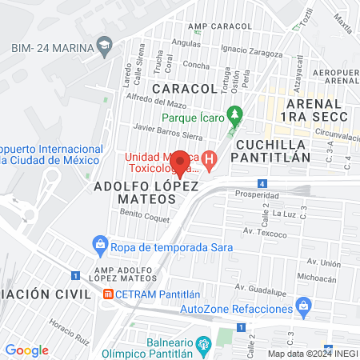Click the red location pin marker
click(181, 163)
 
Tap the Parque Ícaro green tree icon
click(234, 114)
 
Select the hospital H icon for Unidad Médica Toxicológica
click(210, 160)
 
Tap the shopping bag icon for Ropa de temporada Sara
click(100, 242)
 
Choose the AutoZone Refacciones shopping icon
click(303, 305)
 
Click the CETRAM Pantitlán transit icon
click(108, 294)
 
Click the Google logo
click(26, 350)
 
